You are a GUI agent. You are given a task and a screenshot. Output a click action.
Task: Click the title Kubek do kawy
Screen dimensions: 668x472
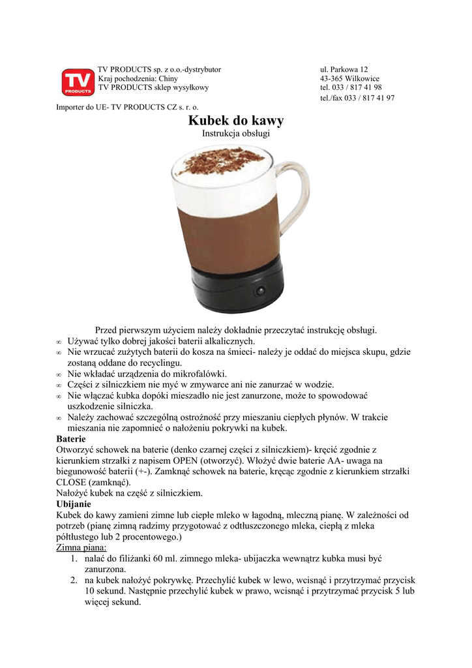[236, 121]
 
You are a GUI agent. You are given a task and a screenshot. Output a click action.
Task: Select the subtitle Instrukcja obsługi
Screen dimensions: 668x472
[236, 134]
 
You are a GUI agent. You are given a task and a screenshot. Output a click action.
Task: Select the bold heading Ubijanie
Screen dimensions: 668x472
[74, 504]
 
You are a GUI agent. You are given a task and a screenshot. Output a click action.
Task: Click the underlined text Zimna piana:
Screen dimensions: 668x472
[81, 548]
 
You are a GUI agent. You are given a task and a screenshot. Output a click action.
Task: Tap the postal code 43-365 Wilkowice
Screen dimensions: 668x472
[349, 78]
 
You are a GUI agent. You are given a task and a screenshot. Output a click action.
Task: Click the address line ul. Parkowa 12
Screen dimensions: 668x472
[344, 69]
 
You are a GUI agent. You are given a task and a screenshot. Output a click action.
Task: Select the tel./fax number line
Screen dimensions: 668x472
[357, 98]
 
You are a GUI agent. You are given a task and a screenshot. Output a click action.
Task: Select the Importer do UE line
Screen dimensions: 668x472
[127, 106]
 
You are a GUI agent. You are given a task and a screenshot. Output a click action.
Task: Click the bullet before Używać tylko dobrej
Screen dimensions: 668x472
[59, 341]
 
